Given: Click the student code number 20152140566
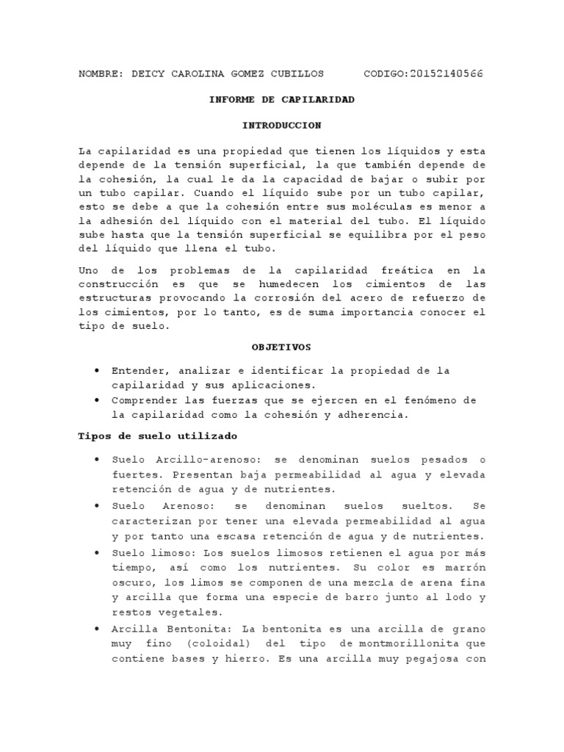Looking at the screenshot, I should coord(446,74).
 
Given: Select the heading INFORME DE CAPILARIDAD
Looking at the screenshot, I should coord(282,99).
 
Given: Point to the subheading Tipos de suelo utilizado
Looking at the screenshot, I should coord(158,435).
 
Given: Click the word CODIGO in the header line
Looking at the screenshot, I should coord(385,74).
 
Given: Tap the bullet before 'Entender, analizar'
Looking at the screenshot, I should coord(97,369).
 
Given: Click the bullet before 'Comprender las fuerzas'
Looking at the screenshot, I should coord(97,400).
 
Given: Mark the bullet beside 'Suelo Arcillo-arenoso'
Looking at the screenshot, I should coord(97,459).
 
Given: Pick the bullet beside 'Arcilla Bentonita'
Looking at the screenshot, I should coord(97,629).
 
